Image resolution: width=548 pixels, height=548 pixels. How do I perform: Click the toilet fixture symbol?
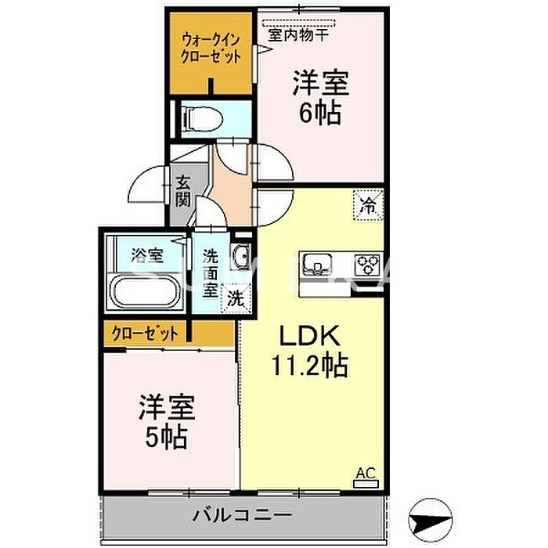coord(203,119)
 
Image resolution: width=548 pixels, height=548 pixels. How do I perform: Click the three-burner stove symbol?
coord(367,265)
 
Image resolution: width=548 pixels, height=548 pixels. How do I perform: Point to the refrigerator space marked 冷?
coord(369,205)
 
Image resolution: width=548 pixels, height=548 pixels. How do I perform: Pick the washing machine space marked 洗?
coord(236,297)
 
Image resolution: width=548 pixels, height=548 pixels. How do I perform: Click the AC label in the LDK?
coord(366,473)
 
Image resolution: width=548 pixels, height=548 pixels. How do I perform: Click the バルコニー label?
coord(242,515)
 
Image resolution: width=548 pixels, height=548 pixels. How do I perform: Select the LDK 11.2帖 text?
coord(310,350)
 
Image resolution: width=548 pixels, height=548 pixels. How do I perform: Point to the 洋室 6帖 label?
coord(321,98)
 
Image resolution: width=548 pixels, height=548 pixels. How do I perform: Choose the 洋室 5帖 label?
coord(167,421)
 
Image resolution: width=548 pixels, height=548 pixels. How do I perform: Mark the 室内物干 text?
coord(298,35)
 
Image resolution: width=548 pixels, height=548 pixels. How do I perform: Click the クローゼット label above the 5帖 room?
coord(145,333)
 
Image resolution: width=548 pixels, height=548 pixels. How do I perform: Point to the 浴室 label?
coord(147,255)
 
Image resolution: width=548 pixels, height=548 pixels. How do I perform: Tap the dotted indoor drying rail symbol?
coord(298,23)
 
